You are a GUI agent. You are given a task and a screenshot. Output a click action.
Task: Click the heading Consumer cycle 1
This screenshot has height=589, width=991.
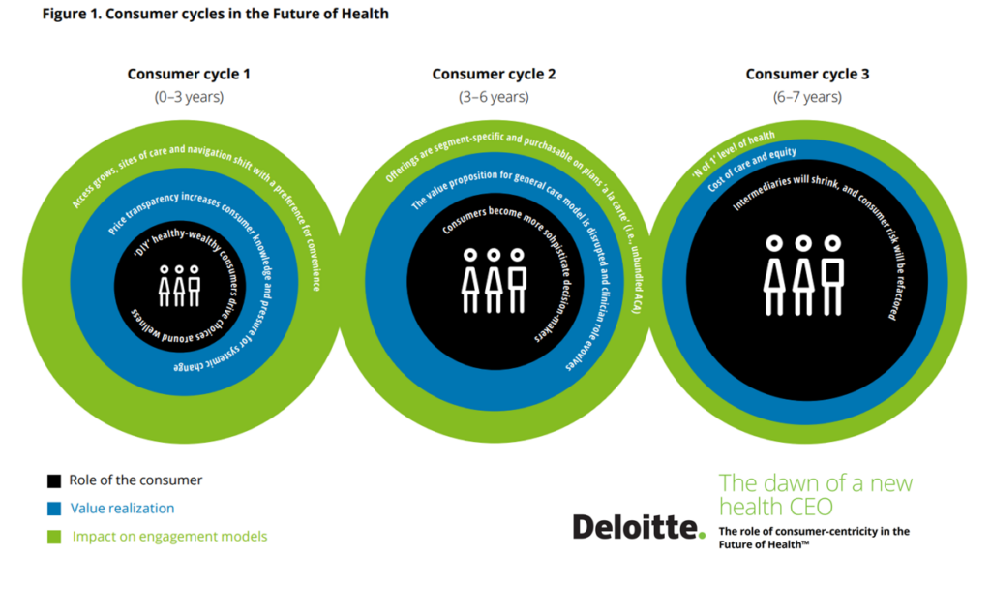click(x=189, y=74)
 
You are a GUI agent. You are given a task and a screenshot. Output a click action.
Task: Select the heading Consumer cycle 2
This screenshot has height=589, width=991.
click(x=494, y=74)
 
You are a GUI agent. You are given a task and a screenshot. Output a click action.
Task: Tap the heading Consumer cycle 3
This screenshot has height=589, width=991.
click(x=807, y=74)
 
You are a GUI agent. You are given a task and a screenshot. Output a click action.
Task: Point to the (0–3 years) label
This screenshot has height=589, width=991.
click(x=189, y=97)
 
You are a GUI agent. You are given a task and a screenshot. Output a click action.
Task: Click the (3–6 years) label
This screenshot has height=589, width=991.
click(x=494, y=97)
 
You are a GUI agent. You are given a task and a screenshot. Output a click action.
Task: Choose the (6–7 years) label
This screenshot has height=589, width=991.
click(x=807, y=97)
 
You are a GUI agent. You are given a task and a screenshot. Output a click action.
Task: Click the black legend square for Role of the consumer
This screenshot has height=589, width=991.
click(x=54, y=480)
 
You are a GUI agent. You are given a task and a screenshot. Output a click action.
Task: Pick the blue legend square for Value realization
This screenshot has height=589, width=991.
click(x=54, y=509)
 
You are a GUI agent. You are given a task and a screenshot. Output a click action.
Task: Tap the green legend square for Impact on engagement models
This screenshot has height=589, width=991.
click(x=54, y=537)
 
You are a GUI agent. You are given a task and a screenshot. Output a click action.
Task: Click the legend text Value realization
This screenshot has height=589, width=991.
click(x=122, y=508)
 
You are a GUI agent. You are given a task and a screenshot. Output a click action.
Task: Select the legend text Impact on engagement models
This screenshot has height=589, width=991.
click(x=169, y=537)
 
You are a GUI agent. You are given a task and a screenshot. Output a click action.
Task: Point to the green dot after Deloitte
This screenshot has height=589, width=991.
click(x=702, y=535)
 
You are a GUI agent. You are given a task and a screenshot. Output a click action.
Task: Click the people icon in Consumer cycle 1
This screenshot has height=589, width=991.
click(x=179, y=286)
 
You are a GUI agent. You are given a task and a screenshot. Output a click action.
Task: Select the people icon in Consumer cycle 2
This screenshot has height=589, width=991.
click(x=494, y=280)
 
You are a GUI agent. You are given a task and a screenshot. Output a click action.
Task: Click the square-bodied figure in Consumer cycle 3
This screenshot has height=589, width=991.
click(x=833, y=275)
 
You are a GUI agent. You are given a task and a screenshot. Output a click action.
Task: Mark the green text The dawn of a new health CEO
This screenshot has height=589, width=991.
click(x=815, y=495)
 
